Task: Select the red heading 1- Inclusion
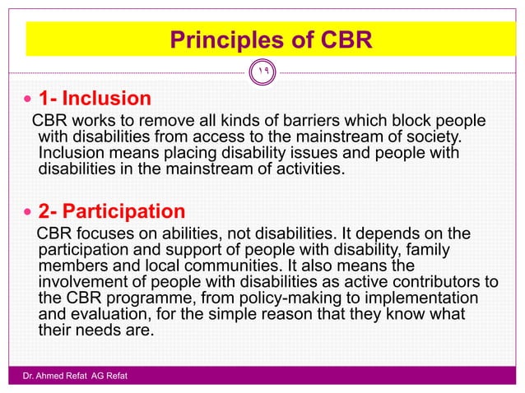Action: tap(95, 99)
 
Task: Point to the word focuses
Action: tap(107, 233)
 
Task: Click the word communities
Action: tap(237, 264)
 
